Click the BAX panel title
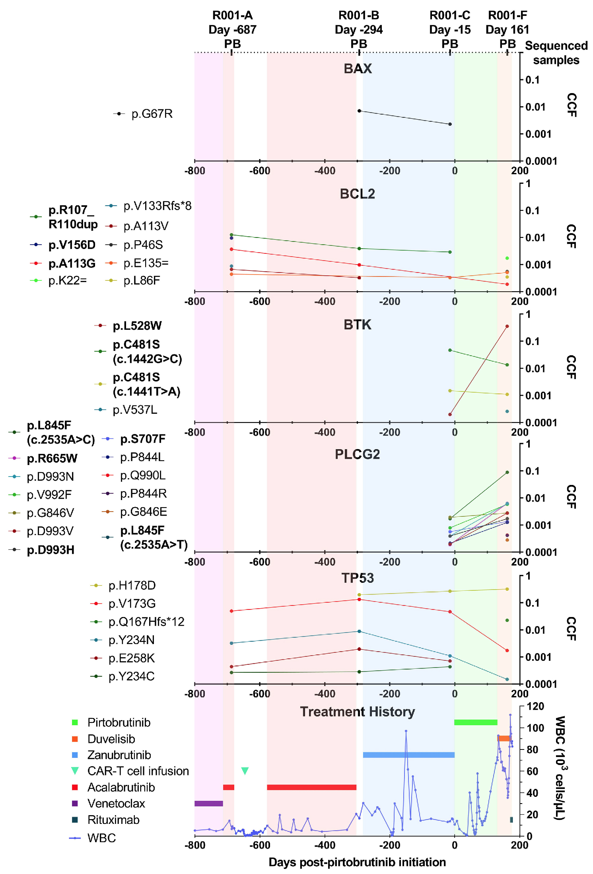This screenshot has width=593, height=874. pos(358,68)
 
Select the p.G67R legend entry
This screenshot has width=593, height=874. pos(152,114)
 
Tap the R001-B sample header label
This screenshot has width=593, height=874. pos(359,29)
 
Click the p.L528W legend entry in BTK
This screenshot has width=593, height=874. pos(137,326)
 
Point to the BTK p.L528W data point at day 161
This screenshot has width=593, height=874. pos(507,327)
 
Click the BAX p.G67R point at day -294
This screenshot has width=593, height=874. pos(359,111)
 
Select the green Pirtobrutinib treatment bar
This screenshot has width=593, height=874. pos(476,722)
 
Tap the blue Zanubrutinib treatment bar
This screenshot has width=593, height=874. pos(408,755)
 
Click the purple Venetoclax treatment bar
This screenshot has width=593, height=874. pos(208,803)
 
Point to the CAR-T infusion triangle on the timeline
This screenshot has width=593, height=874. pos(245,771)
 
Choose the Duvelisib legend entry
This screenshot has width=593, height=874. pos(111,739)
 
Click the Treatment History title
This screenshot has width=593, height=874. pos(357,711)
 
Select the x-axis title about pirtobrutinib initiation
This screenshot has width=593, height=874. pos(357,862)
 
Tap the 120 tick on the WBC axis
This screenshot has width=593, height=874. pos(535,707)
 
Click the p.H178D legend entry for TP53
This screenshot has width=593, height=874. pos(132,585)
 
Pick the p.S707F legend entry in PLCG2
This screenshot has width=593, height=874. pos(142,439)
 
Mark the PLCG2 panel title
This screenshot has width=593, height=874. pos(357,454)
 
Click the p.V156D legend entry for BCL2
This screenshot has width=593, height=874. pos(72,245)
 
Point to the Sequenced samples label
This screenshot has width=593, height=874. pos(556,53)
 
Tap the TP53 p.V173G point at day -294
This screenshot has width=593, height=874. pos(359,599)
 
